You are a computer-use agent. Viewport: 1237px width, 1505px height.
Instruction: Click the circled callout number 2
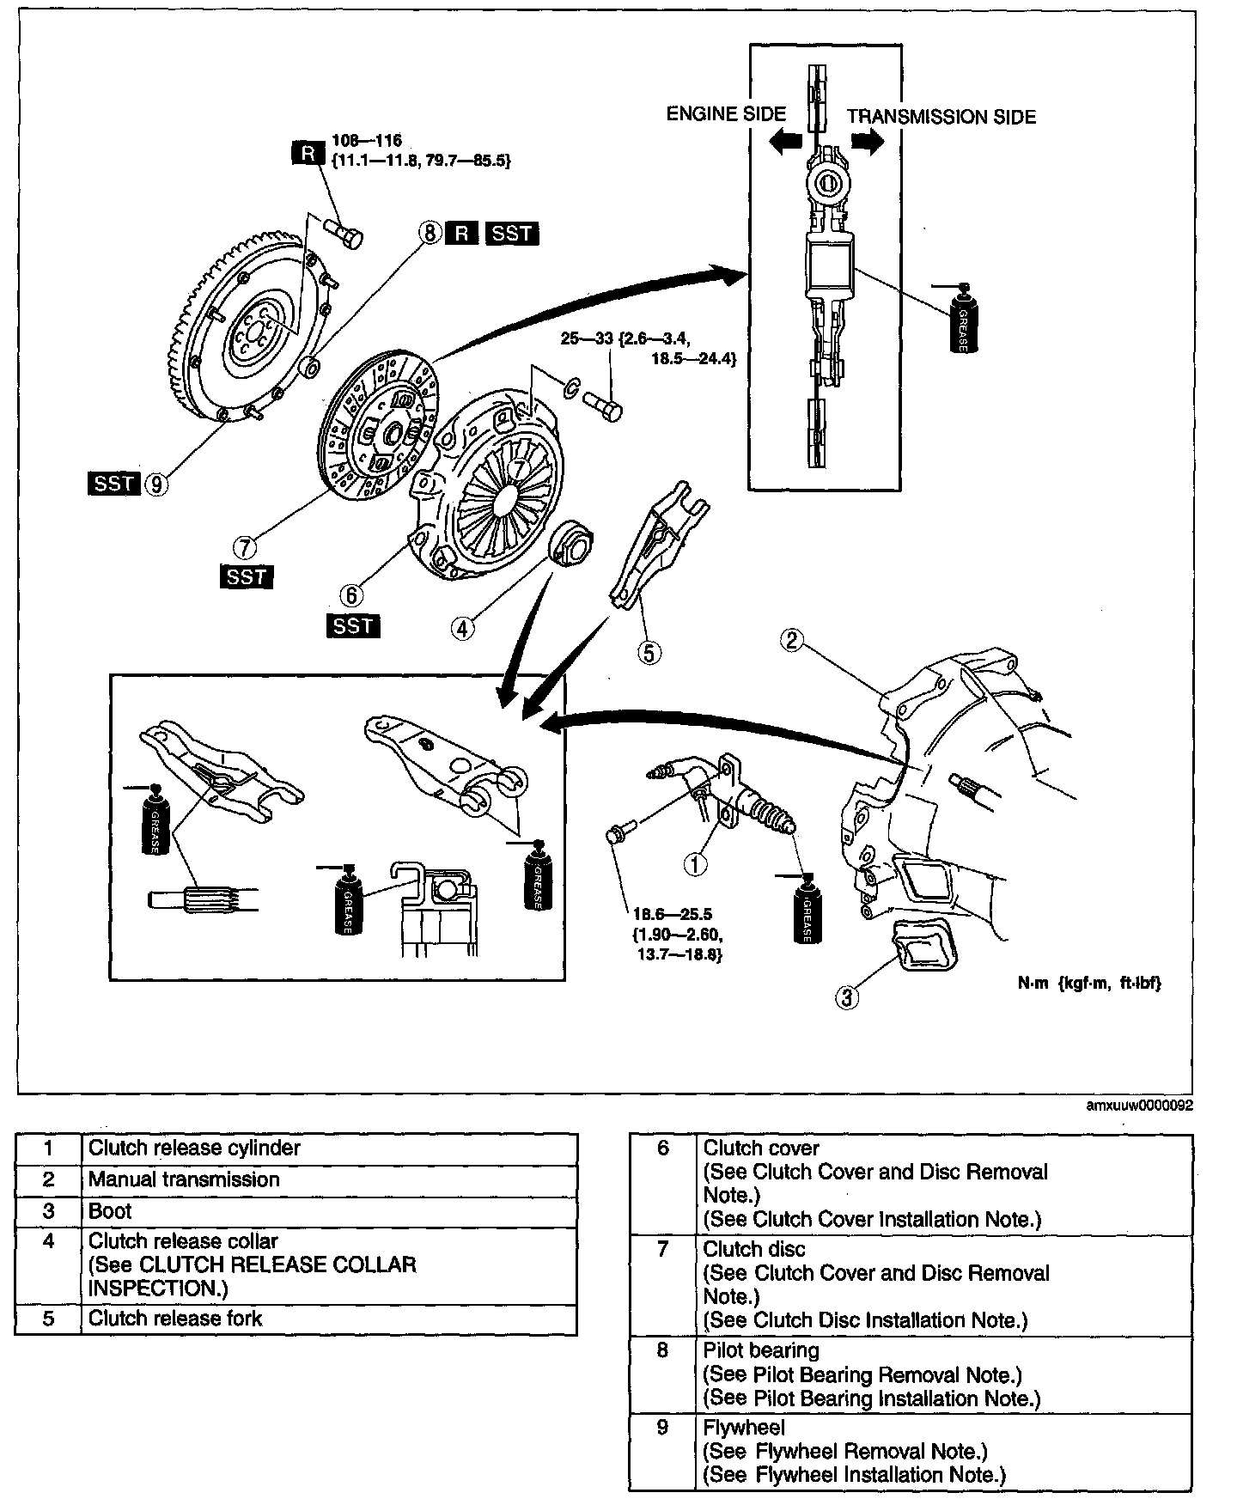coord(791,639)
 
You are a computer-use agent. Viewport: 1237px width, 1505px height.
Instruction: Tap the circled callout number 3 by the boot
coord(847,996)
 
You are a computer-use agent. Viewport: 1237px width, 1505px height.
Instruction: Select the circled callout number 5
coord(649,653)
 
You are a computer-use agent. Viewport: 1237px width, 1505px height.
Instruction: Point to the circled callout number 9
coord(156,484)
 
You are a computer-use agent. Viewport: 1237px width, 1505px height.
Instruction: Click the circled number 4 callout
coord(462,629)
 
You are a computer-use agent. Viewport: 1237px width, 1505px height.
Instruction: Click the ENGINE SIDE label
coord(726,114)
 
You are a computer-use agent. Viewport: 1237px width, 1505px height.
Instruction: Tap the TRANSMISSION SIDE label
coord(941,117)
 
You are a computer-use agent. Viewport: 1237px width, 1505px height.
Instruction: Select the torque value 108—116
coord(367,140)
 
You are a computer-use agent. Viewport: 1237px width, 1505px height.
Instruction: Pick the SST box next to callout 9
coord(113,484)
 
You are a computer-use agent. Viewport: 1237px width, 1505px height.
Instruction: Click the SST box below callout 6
coord(353,625)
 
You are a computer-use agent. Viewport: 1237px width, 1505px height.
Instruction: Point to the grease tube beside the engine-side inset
coord(963,318)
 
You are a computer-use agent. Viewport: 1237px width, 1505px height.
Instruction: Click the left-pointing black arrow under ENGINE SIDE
coord(785,142)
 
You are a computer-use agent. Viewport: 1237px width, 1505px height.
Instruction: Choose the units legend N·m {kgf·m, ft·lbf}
coord(1089,984)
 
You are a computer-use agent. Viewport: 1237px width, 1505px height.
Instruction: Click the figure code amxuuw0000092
coord(1138,1106)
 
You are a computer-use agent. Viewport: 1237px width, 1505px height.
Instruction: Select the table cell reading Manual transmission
coord(184,1179)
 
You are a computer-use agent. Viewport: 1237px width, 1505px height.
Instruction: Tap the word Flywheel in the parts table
coord(743,1428)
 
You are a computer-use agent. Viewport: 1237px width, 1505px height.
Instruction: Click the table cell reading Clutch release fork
coord(175,1319)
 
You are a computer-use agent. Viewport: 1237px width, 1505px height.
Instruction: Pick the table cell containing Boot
coord(110,1211)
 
